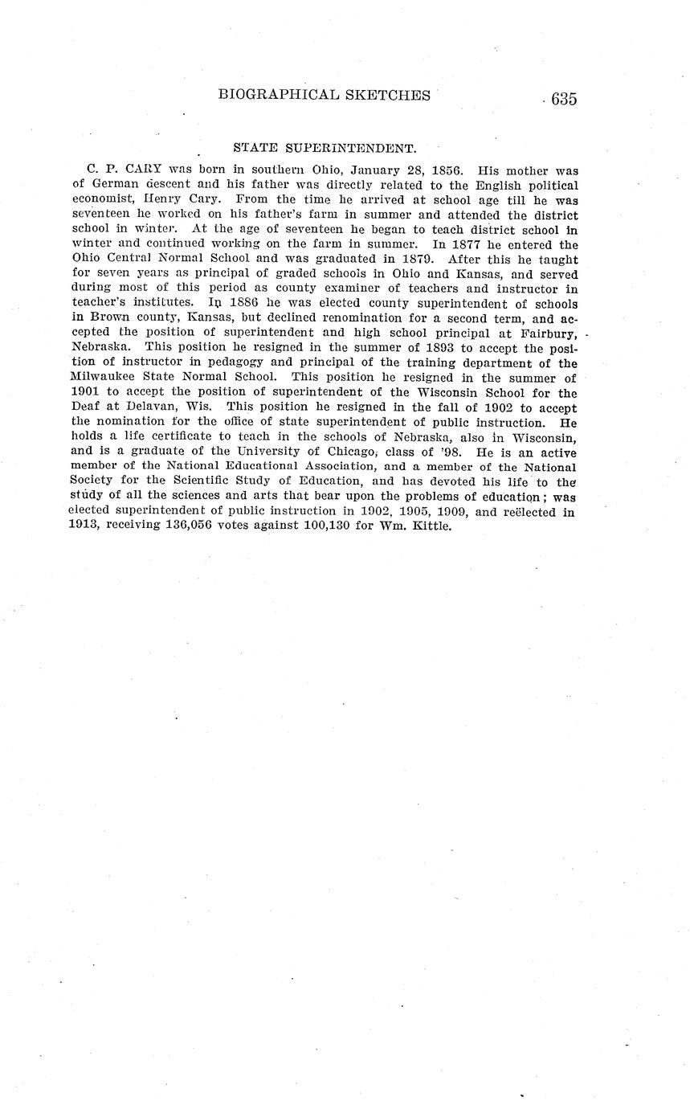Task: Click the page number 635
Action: click(564, 99)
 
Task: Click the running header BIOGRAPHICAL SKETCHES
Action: click(324, 95)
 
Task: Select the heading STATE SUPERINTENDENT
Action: click(324, 148)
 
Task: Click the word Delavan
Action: click(157, 407)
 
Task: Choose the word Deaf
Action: click(85, 407)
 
